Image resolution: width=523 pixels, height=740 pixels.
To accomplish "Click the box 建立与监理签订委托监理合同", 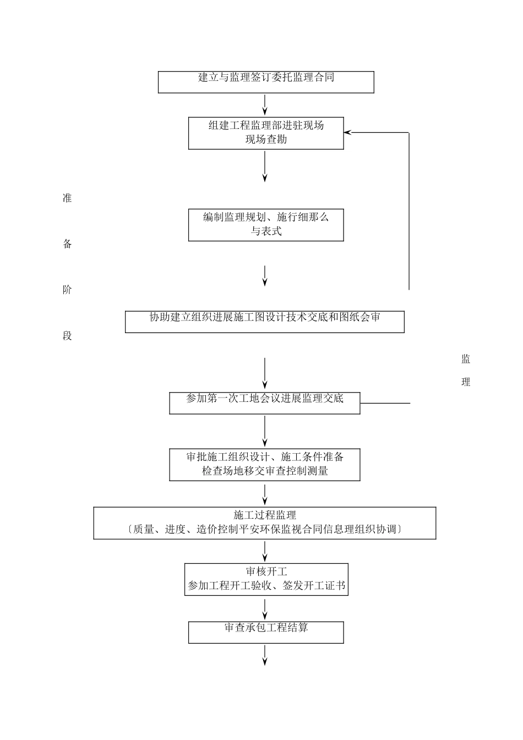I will click(x=266, y=82).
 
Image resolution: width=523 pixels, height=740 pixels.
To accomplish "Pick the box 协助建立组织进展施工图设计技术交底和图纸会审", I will click(x=264, y=322).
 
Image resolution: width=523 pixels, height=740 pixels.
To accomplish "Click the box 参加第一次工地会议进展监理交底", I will click(x=264, y=403).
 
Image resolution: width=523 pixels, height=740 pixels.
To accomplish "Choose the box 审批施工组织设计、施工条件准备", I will click(x=265, y=465).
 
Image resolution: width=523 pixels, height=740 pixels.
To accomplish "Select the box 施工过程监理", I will click(x=265, y=523).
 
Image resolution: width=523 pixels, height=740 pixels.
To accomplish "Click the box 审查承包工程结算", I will click(x=266, y=632).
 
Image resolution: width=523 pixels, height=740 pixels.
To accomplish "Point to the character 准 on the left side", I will click(x=67, y=199).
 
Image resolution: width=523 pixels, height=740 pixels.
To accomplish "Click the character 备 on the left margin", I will click(x=67, y=244).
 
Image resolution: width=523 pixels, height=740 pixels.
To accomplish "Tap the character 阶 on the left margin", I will click(x=67, y=290).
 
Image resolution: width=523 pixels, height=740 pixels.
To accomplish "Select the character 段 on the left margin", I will click(x=67, y=336).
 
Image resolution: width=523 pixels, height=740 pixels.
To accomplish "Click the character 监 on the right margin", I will click(x=466, y=360).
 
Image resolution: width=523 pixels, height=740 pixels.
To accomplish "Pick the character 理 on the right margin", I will click(x=466, y=382).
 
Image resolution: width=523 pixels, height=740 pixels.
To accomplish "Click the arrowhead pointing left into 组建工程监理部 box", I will click(x=348, y=132).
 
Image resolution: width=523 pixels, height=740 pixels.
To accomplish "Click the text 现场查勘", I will click(x=266, y=140).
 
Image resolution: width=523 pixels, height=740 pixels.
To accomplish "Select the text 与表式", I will click(x=266, y=232).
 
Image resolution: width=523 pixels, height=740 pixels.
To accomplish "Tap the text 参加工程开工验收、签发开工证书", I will click(x=266, y=586).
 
